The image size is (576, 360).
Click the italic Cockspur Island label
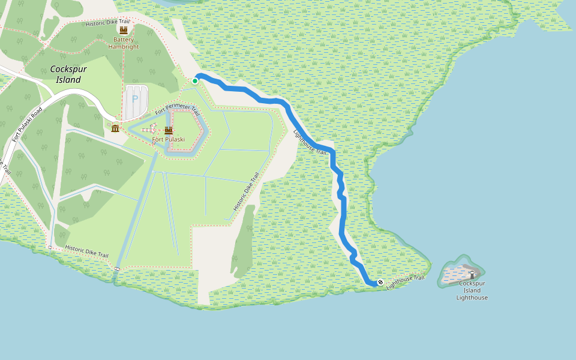tap(68, 74)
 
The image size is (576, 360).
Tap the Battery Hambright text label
tap(124, 43)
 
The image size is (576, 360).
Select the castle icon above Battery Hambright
tap(124, 30)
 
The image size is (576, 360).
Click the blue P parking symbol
tap(135, 98)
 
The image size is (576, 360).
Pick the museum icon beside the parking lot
tap(115, 128)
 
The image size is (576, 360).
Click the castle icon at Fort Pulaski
tap(169, 130)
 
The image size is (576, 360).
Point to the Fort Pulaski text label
tap(169, 139)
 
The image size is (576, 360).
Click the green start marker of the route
tap(195, 80)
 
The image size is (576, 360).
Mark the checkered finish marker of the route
tap(380, 282)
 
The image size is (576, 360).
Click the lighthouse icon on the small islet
tap(472, 275)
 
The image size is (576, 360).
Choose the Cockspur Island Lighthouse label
tap(472, 290)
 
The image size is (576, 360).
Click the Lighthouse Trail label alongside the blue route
tap(310, 143)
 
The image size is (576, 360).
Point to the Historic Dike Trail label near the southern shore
tap(86, 251)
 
